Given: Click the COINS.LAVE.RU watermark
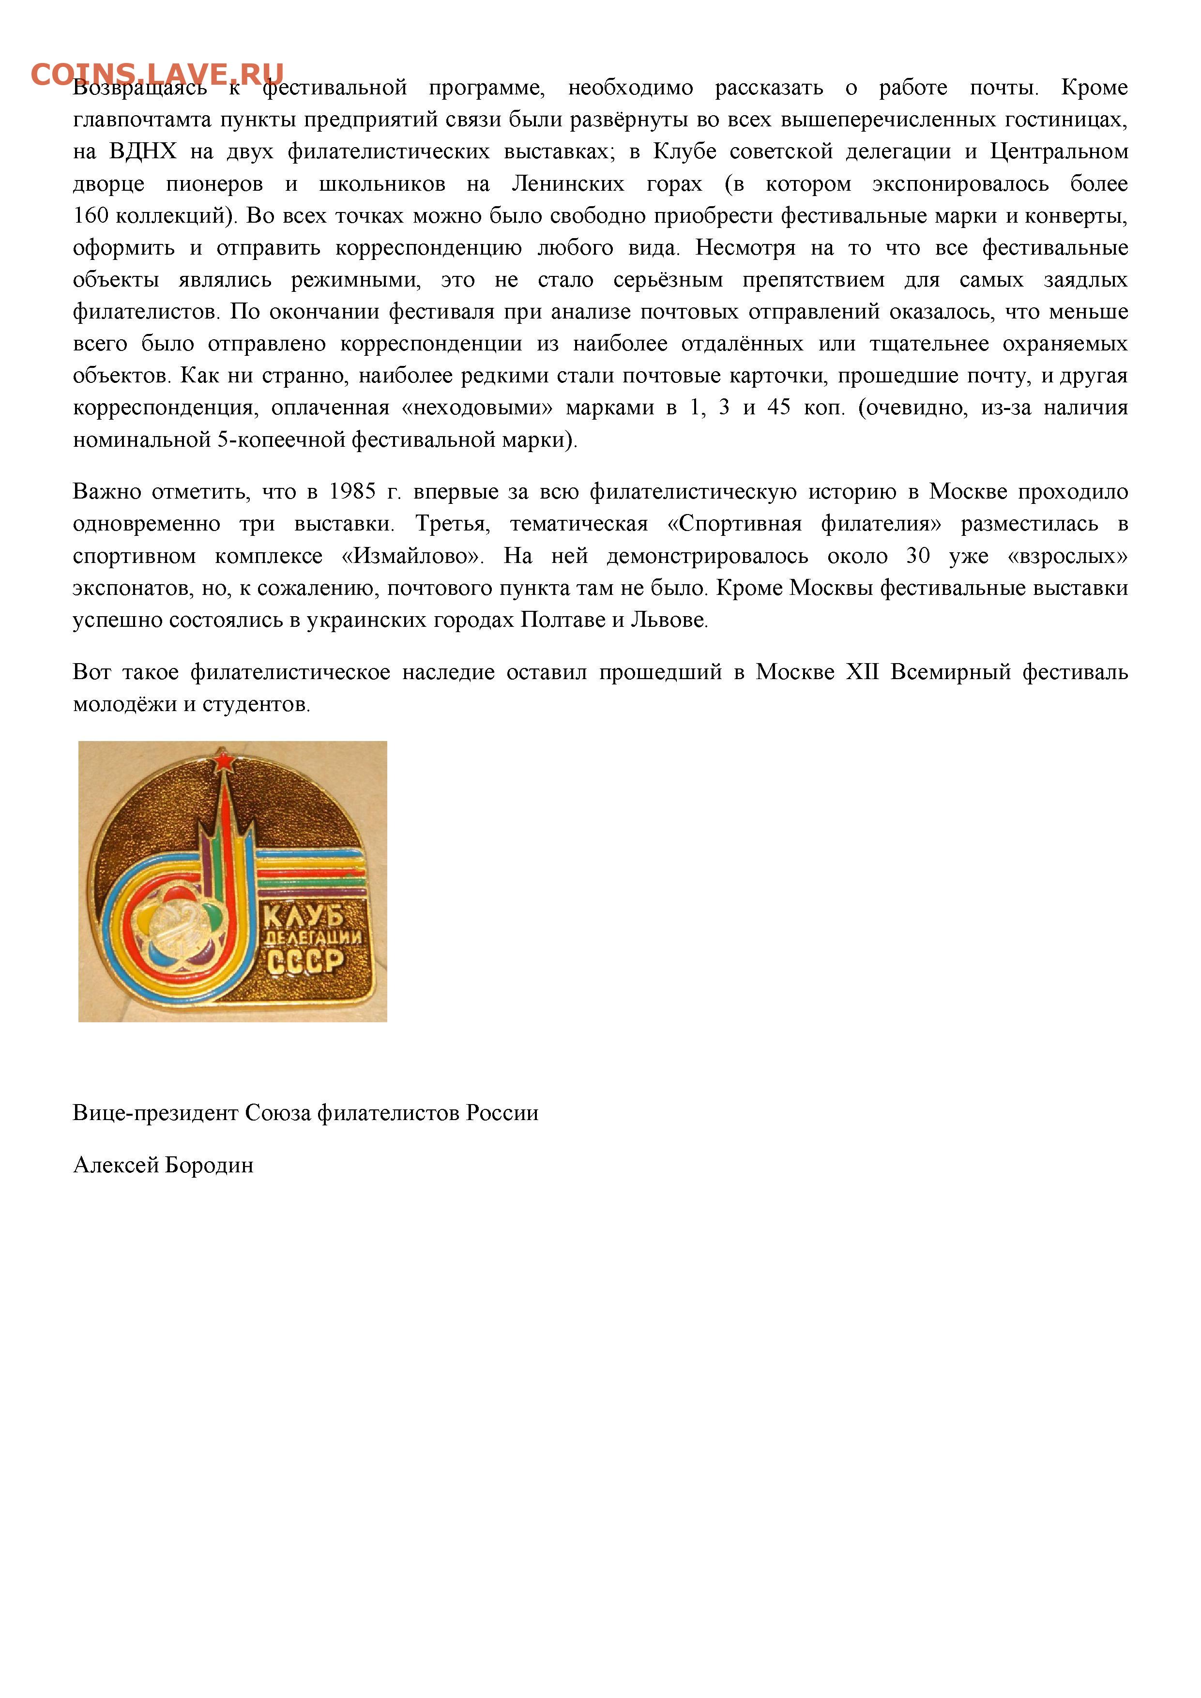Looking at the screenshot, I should pos(157,74).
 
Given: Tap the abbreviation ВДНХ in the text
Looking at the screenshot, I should pos(143,152).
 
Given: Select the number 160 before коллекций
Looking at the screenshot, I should pos(91,216).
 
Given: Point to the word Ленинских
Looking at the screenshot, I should pos(568,184).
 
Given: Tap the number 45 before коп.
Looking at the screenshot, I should pos(779,408).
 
